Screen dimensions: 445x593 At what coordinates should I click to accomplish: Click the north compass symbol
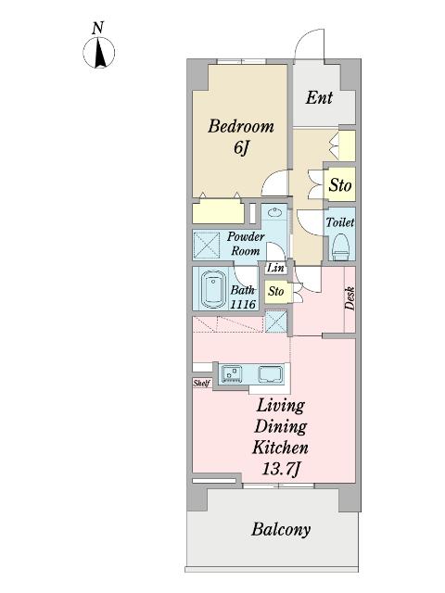(98, 53)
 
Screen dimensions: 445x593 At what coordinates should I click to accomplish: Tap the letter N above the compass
(98, 28)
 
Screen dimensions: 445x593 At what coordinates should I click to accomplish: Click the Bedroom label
(241, 126)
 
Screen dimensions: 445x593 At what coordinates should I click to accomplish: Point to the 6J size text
(241, 147)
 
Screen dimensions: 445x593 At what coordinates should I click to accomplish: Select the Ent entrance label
(319, 97)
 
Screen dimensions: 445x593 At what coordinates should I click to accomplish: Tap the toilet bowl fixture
(340, 246)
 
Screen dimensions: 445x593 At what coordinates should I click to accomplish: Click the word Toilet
(340, 222)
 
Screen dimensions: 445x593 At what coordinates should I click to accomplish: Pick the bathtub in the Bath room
(213, 289)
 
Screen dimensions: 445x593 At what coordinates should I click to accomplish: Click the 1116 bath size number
(243, 304)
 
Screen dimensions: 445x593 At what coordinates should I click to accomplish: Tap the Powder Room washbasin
(274, 213)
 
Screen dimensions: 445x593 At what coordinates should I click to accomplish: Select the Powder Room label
(245, 244)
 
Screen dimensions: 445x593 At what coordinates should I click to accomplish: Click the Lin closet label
(275, 268)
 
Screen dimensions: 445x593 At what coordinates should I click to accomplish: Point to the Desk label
(350, 298)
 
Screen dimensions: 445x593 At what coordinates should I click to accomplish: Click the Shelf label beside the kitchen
(201, 383)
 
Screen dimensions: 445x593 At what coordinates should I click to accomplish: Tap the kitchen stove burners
(232, 373)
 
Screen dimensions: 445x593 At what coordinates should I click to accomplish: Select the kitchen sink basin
(271, 374)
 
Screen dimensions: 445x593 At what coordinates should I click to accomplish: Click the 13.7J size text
(280, 470)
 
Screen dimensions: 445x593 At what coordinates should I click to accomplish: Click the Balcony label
(281, 529)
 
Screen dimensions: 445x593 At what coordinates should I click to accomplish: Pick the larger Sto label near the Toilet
(340, 185)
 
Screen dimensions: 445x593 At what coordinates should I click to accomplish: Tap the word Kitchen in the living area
(280, 448)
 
